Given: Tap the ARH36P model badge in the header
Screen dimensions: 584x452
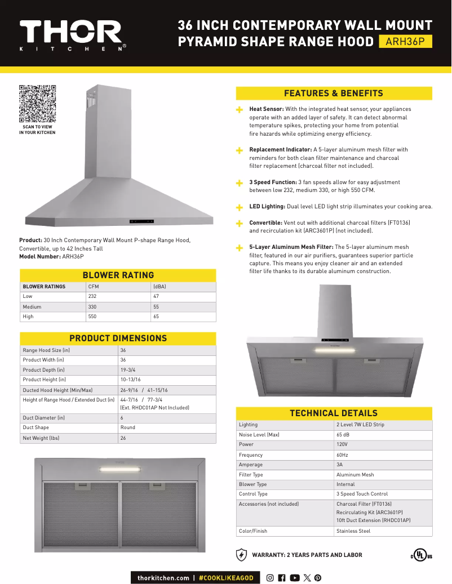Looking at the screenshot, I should [x=405, y=42].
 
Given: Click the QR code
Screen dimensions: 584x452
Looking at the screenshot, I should [x=37, y=103].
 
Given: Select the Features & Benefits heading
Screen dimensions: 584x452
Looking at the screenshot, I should [x=334, y=93].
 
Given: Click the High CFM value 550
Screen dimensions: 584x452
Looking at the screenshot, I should [x=92, y=316].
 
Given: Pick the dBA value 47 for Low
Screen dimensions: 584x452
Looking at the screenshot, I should [x=156, y=296].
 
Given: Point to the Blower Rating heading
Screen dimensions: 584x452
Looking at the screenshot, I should [x=118, y=275].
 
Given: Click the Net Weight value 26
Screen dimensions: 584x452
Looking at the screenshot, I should [x=123, y=438].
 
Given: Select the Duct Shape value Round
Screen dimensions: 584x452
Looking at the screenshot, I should [x=127, y=428].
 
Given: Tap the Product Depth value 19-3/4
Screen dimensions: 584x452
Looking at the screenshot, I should [x=126, y=370].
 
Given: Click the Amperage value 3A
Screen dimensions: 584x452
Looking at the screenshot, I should [x=339, y=465].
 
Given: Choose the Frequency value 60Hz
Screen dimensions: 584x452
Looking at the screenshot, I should [x=342, y=455].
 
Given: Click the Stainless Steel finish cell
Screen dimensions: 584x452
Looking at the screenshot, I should [x=353, y=531].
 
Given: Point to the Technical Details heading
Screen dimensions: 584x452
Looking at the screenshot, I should [x=334, y=413].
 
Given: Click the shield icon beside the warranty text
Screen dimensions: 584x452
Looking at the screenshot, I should [x=241, y=555].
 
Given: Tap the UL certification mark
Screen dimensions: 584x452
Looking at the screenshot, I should [x=421, y=555].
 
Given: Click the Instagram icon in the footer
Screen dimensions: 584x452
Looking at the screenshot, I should [x=270, y=578].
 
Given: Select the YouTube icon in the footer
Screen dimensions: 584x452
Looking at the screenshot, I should [x=294, y=578].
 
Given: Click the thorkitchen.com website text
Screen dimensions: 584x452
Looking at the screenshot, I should [x=163, y=578].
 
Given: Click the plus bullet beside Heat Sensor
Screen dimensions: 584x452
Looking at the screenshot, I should [x=240, y=110].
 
